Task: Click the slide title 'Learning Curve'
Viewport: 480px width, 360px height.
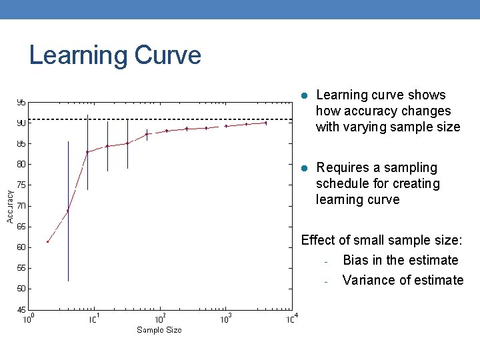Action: coord(115,55)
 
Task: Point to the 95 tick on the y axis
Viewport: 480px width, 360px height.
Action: coord(21,103)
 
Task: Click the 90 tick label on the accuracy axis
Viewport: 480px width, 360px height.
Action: coord(21,123)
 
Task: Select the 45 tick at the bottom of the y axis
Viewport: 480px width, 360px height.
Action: coord(21,309)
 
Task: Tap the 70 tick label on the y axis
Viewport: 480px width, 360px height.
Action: coord(21,206)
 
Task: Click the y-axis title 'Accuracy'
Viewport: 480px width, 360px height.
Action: coord(10,206)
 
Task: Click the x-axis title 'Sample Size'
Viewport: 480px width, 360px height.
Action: coord(159,330)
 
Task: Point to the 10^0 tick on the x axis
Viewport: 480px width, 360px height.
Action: coord(29,319)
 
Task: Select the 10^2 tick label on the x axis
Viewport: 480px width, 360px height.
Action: coord(161,319)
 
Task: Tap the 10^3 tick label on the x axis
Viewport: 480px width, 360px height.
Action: coord(226,319)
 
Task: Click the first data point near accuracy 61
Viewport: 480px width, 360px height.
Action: coord(48,241)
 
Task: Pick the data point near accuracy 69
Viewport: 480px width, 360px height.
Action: coord(68,211)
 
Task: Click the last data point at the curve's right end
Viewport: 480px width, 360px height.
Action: coord(266,123)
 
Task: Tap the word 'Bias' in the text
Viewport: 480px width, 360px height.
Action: coord(356,260)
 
